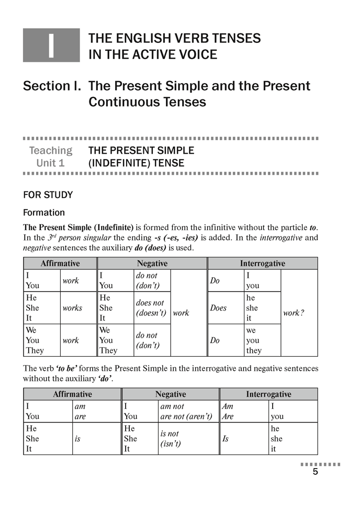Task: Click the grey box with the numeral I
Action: tap(51, 45)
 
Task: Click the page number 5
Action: tap(315, 472)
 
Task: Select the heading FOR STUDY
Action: tap(48, 195)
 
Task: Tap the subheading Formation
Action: tap(44, 213)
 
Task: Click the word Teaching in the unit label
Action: tap(50, 151)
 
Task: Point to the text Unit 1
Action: tap(50, 163)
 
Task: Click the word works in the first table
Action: tap(72, 308)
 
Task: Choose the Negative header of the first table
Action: tap(152, 264)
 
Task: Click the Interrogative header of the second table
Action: tap(268, 394)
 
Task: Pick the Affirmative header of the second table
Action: tap(72, 394)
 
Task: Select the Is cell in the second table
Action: tap(226, 439)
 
